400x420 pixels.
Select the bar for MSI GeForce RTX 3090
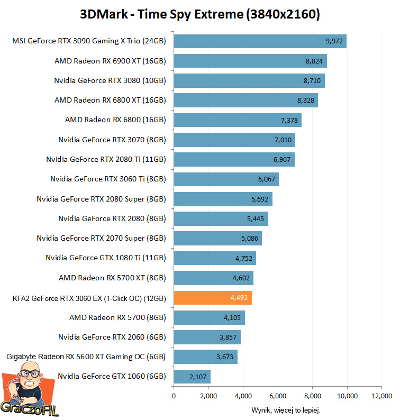260,41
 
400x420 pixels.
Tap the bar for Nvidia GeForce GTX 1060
192,377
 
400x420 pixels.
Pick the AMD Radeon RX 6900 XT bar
250,61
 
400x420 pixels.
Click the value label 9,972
335,41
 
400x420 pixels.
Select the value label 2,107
198,377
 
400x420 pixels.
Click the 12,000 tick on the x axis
381,396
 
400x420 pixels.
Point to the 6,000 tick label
277,396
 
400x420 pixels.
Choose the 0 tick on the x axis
174,396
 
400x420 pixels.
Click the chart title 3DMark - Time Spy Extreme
200,14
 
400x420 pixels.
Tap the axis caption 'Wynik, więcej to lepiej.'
286,410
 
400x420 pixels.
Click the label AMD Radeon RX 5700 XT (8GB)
112,278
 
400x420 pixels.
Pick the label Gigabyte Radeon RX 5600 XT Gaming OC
86,357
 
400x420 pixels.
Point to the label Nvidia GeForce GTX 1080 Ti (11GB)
106,258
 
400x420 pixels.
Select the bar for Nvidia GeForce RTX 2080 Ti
234,160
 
